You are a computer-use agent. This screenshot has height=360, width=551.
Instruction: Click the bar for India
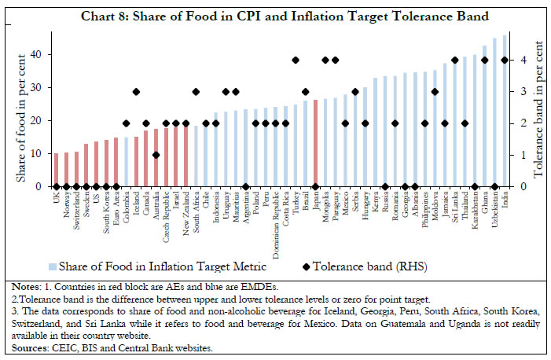[505, 111]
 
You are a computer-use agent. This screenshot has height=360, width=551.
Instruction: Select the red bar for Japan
[315, 143]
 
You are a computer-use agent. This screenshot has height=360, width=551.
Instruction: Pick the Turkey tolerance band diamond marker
[296, 60]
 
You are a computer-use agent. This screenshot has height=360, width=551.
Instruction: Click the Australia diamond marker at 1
[156, 155]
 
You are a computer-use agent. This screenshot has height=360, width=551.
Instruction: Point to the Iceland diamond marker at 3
[136, 91]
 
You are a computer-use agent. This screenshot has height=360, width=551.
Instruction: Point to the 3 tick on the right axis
[524, 92]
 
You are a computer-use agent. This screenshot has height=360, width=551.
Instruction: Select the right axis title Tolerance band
[540, 118]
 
